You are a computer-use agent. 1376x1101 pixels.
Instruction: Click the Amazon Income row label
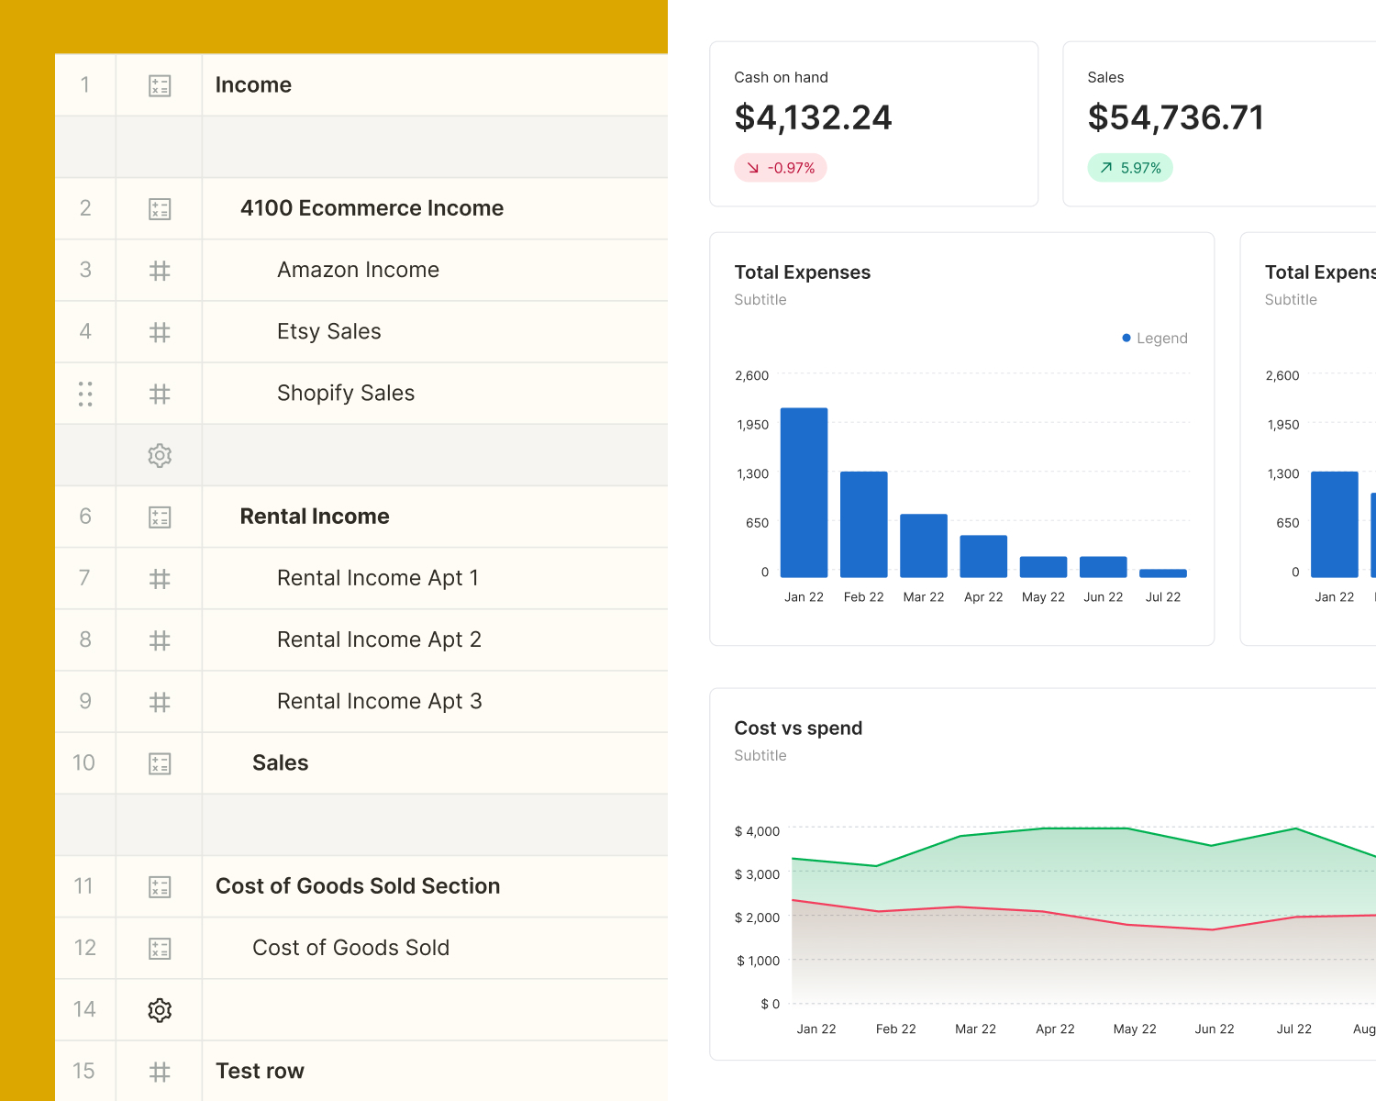tap(358, 270)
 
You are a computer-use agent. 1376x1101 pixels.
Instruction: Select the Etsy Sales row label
tap(328, 331)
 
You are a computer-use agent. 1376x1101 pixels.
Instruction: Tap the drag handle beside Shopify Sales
tap(85, 394)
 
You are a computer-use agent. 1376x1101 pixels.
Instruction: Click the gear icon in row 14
tap(160, 1010)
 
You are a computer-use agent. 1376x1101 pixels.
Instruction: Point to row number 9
tap(85, 702)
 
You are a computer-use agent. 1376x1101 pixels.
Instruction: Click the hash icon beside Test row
tap(160, 1072)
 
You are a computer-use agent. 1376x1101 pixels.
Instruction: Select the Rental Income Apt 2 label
tap(379, 639)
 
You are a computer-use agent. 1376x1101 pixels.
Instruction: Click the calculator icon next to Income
tap(160, 86)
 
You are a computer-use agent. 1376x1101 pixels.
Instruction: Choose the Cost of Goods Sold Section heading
tap(358, 886)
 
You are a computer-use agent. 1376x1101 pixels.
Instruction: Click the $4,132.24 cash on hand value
tap(813, 117)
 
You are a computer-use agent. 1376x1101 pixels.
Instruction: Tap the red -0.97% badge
tap(781, 168)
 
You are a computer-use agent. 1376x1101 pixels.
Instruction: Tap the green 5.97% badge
tap(1130, 168)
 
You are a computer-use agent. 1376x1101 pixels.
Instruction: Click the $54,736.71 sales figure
tap(1176, 117)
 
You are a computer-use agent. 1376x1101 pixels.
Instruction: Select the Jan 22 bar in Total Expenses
tap(804, 493)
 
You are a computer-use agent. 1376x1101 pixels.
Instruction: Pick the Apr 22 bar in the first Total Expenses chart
tap(983, 556)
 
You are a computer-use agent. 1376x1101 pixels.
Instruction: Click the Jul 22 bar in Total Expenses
tap(1162, 573)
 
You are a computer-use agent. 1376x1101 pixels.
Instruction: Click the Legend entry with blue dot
tap(1155, 339)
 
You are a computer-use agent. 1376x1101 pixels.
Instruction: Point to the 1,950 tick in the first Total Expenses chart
tap(752, 425)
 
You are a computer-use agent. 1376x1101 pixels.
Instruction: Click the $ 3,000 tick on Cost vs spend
tap(757, 874)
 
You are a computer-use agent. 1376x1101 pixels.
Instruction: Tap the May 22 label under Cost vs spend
tap(1135, 1029)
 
